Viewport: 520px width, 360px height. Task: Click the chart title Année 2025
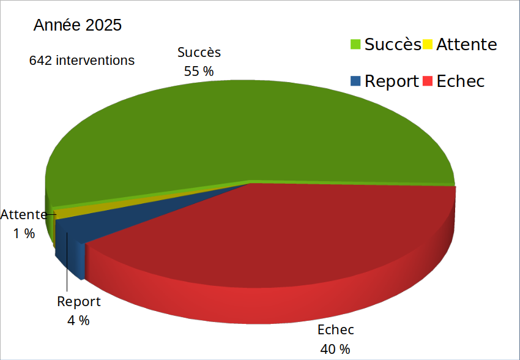(78, 25)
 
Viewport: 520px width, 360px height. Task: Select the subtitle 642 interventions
(82, 61)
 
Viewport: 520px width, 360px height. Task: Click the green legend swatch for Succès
(355, 44)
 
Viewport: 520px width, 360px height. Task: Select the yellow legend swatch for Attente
(428, 44)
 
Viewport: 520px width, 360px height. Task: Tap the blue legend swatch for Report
(355, 81)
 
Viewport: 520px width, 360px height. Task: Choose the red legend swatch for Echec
(428, 81)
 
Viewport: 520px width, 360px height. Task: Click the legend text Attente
(466, 44)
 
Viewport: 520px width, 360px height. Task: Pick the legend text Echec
(460, 81)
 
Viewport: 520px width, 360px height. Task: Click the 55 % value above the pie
(199, 71)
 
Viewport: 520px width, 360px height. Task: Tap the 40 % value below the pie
(335, 349)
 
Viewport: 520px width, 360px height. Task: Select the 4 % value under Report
(78, 320)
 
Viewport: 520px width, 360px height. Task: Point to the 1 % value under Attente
(24, 233)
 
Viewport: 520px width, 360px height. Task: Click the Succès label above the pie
(199, 53)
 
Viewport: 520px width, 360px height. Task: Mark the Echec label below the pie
(335, 330)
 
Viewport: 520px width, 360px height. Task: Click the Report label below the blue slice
(78, 301)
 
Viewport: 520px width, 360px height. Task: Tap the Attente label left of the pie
(24, 215)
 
